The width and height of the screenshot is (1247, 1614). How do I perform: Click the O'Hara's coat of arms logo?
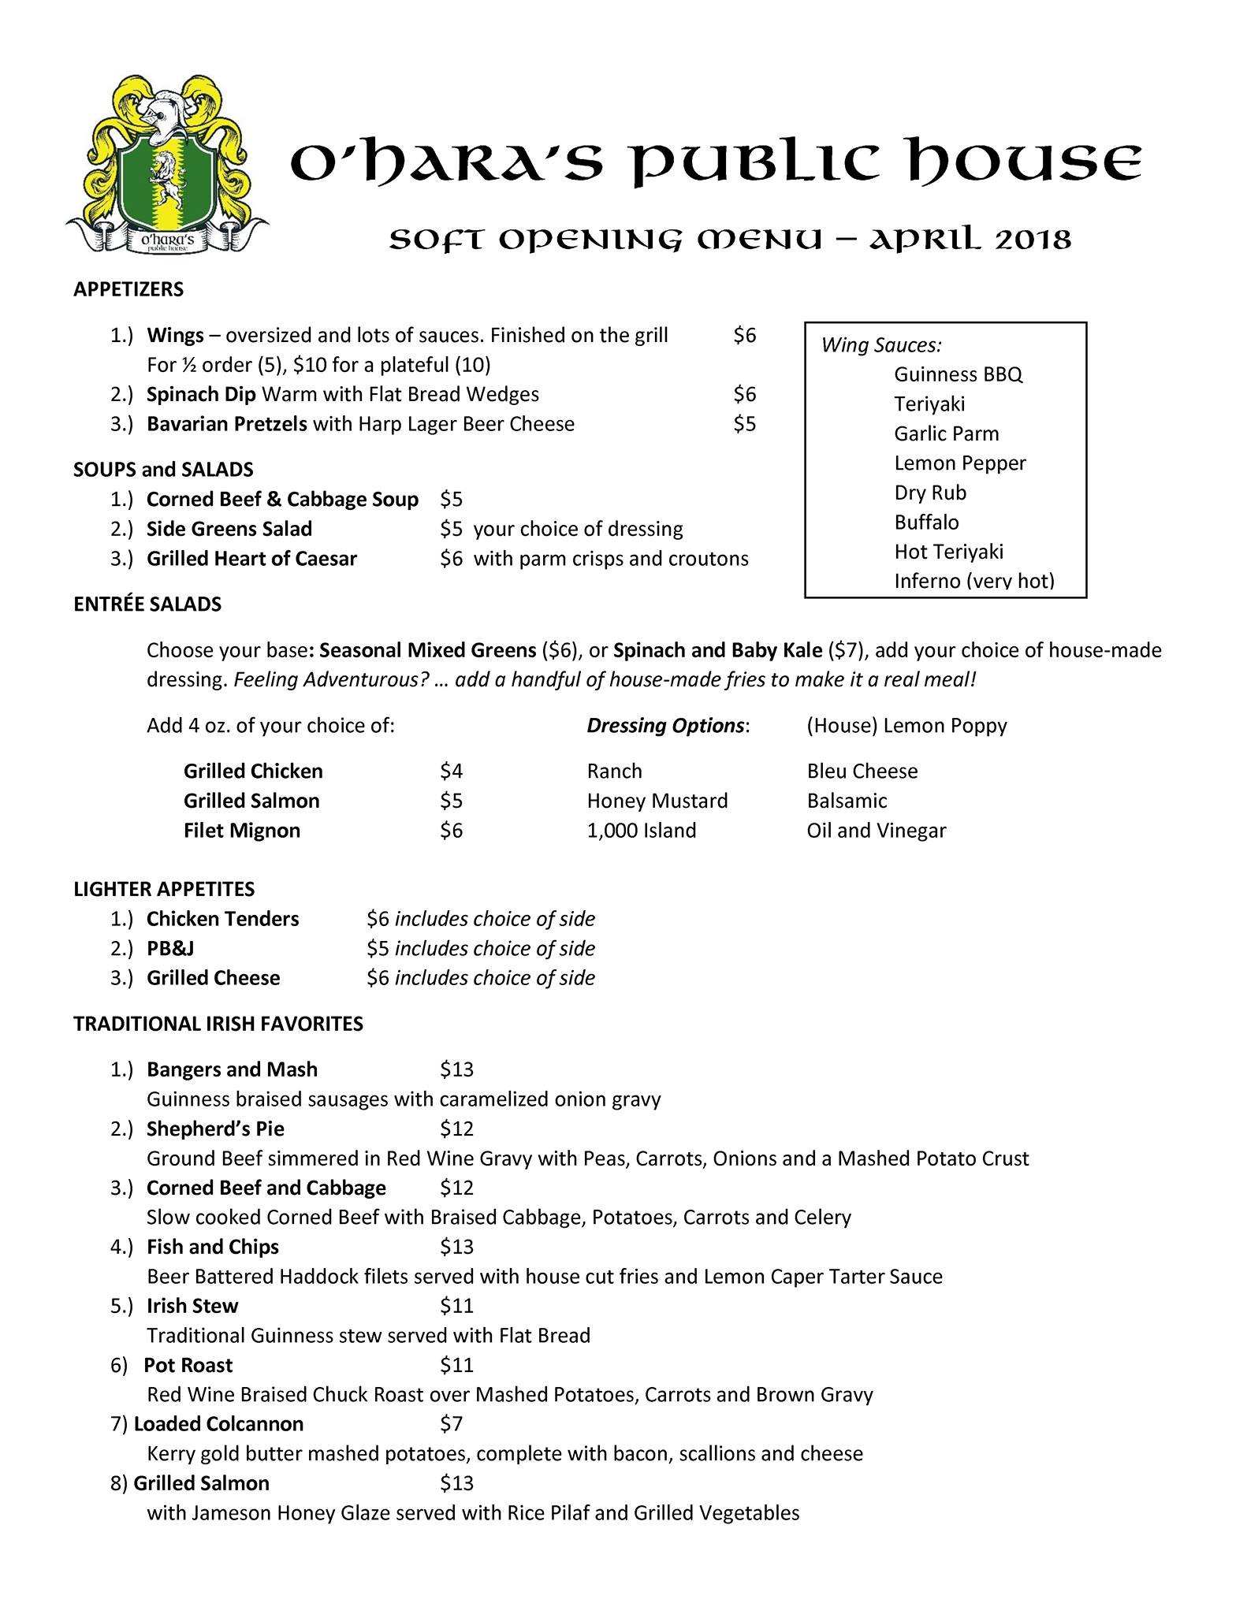pyautogui.click(x=166, y=165)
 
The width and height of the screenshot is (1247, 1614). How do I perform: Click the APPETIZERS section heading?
pyautogui.click(x=128, y=289)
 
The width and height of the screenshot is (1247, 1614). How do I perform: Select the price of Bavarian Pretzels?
pyautogui.click(x=744, y=424)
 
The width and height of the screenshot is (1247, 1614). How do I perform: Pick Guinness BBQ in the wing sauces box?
pyautogui.click(x=958, y=374)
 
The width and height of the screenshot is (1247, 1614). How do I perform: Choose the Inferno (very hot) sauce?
pyautogui.click(x=973, y=581)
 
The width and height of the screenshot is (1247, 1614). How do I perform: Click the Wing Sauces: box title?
pyautogui.click(x=881, y=345)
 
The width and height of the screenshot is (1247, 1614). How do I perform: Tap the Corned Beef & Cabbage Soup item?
pyautogui.click(x=282, y=500)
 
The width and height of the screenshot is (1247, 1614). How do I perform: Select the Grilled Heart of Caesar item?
pyautogui.click(x=251, y=559)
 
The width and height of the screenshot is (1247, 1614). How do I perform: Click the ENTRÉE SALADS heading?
pyautogui.click(x=147, y=604)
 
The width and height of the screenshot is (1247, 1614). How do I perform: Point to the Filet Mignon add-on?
pyautogui.click(x=242, y=831)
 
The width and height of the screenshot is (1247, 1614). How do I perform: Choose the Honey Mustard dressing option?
pyautogui.click(x=657, y=801)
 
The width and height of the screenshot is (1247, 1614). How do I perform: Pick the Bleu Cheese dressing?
pyautogui.click(x=862, y=771)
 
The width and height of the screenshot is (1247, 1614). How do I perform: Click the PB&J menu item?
pyautogui.click(x=170, y=948)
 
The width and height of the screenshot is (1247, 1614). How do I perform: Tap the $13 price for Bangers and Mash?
pyautogui.click(x=456, y=1069)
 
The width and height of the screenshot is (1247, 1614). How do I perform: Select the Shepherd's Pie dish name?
pyautogui.click(x=215, y=1129)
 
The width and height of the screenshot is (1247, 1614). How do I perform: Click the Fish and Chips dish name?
pyautogui.click(x=213, y=1247)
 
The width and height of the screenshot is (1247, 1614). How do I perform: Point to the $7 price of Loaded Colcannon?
pyautogui.click(x=451, y=1424)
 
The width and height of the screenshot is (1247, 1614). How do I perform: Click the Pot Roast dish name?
pyautogui.click(x=188, y=1365)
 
